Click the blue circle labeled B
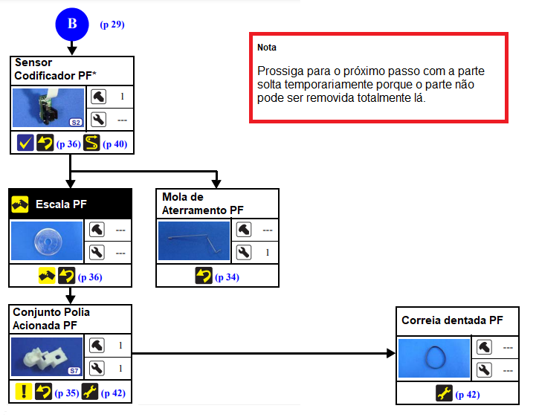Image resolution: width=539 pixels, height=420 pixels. point(72,24)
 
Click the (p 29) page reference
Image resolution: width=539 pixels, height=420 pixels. point(112,25)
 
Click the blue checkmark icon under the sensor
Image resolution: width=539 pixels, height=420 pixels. point(25,143)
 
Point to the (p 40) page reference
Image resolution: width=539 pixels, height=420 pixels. point(115,143)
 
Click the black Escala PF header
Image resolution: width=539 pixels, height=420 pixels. point(71,203)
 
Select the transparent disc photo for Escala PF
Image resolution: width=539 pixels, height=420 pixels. point(48,242)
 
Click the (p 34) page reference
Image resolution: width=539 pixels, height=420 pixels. point(227,277)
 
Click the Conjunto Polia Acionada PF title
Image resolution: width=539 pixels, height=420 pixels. point(51,319)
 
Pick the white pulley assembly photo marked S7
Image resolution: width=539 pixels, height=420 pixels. point(48,357)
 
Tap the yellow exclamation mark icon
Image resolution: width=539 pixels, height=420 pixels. point(24,392)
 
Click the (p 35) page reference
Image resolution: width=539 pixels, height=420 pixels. point(67,392)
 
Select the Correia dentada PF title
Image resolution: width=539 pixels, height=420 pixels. point(453,321)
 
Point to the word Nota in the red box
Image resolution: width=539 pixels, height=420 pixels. point(267,48)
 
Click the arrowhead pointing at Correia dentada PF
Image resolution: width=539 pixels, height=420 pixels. point(390,354)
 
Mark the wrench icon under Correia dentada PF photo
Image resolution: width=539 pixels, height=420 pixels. point(444,393)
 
